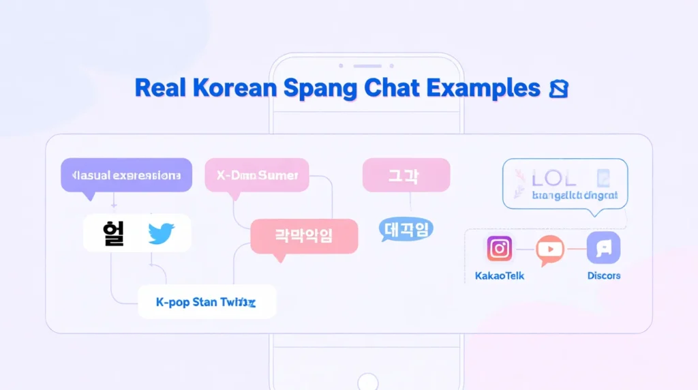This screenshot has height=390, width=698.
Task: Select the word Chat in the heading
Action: click(391, 89)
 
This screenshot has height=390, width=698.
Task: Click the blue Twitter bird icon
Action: click(162, 234)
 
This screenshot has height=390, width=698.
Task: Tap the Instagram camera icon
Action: click(500, 248)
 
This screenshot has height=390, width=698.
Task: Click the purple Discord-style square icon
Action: click(603, 247)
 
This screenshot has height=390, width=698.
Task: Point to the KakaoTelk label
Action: click(500, 276)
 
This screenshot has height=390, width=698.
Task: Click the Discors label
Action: click(604, 276)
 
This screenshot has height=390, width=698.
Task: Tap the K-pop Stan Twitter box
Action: click(207, 302)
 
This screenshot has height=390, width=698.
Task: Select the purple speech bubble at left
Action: click(126, 175)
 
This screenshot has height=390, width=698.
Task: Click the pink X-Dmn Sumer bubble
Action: click(257, 175)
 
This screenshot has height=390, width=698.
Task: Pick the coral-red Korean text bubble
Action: click(304, 237)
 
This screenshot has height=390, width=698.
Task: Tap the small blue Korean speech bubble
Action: click(406, 230)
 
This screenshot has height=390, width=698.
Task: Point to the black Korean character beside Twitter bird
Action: click(113, 233)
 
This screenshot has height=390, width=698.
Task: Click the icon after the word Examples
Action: click(558, 89)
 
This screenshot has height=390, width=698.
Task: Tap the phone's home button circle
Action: click(368, 381)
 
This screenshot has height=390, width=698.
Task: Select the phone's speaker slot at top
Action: click(368, 66)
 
